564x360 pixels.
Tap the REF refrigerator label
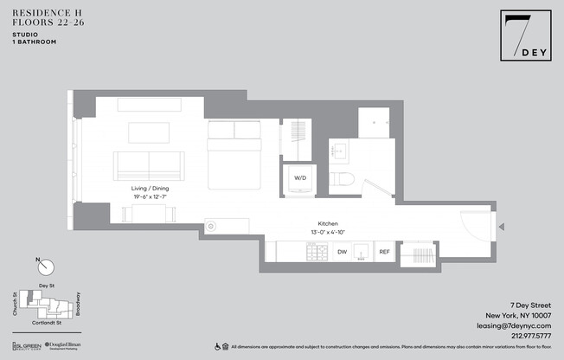pyautogui.click(x=384, y=252)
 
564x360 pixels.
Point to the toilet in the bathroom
pyautogui.click(x=346, y=180)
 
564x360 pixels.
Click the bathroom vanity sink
pyautogui.click(x=341, y=151)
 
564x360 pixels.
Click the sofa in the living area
pyautogui.click(x=149, y=164)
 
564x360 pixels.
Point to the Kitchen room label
pyautogui.click(x=328, y=223)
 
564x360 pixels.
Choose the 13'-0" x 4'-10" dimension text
pyautogui.click(x=328, y=232)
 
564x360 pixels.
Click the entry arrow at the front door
pyautogui.click(x=503, y=228)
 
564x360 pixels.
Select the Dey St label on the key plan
pyautogui.click(x=47, y=285)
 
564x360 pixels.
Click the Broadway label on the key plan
pyautogui.click(x=79, y=303)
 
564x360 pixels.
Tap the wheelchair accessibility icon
pyautogui.click(x=217, y=346)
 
